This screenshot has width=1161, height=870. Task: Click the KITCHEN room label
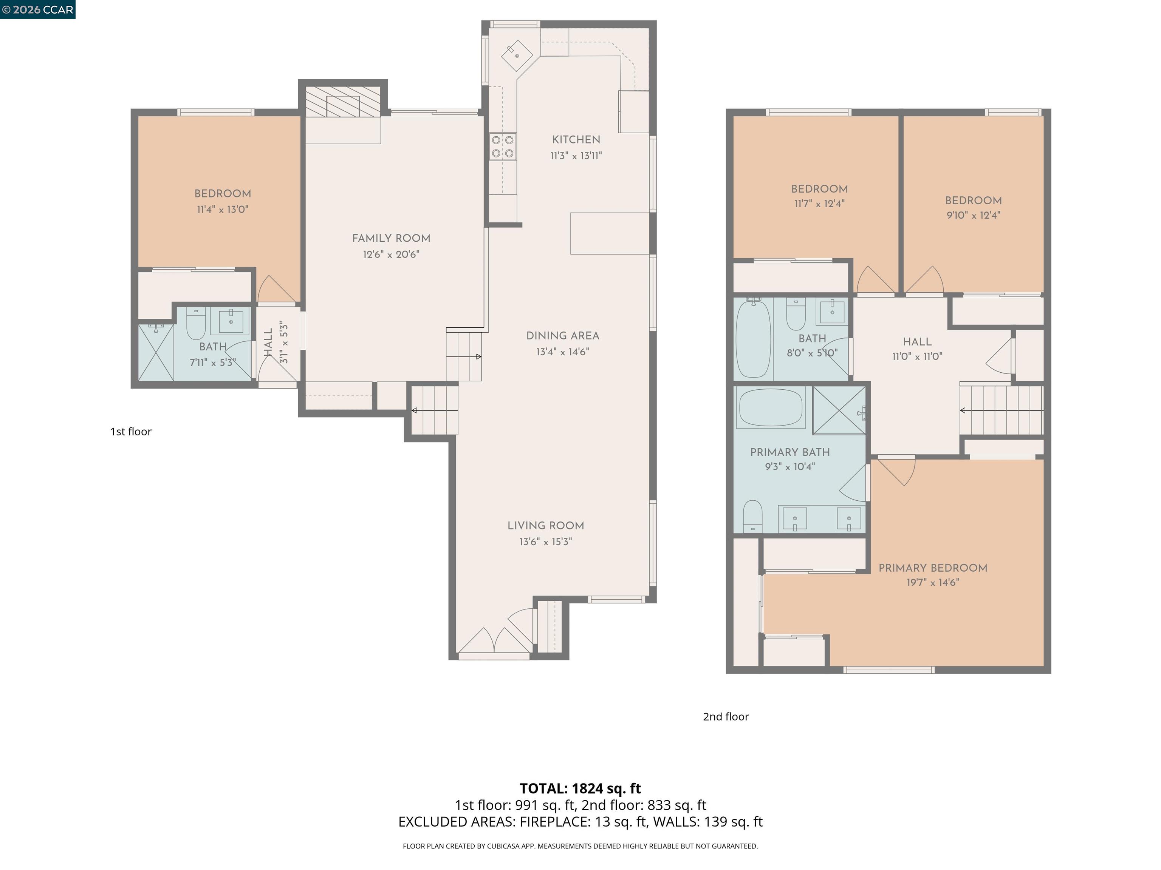[576, 139]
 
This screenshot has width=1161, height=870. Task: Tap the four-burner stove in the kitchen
[502, 147]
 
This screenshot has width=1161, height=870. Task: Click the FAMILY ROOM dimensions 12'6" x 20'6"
[391, 255]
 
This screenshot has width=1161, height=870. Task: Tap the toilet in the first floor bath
[196, 325]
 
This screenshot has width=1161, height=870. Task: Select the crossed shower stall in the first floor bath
[156, 352]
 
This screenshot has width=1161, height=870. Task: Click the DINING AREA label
[563, 336]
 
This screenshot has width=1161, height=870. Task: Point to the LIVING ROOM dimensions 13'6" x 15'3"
[545, 542]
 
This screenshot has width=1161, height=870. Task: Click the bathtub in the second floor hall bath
[753, 339]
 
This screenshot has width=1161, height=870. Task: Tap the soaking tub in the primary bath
[771, 407]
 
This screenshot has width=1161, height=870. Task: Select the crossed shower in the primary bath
[838, 410]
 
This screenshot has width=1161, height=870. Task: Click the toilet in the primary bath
[753, 516]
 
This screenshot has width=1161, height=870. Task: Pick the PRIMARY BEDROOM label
[933, 568]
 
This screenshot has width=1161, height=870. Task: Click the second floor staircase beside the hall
[1002, 410]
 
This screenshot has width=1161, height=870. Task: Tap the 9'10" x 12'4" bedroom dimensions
[973, 215]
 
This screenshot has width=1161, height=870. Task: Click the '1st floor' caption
[131, 432]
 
